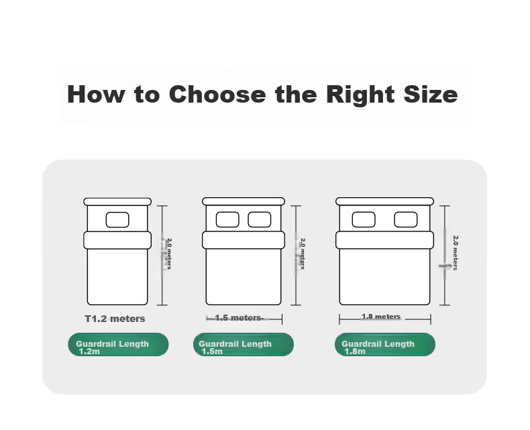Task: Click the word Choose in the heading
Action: point(217,94)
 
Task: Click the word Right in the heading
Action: point(360,95)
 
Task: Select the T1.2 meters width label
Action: point(115,319)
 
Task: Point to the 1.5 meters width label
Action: point(238,318)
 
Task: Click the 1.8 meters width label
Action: point(381,317)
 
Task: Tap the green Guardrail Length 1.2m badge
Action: point(118,345)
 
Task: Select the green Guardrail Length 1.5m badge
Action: point(244,345)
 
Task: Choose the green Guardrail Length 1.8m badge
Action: point(385,345)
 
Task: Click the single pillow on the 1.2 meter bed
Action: point(117,220)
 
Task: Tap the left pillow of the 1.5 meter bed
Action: point(227,220)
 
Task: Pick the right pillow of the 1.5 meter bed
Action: point(260,220)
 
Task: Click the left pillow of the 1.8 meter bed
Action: point(364,220)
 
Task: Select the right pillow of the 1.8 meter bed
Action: point(406,220)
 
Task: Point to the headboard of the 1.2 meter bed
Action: point(117,202)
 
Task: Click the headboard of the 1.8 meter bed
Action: point(384,201)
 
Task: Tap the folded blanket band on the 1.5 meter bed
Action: point(244,240)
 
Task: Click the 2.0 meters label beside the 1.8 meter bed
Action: point(456,253)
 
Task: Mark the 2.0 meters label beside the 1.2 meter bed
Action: point(169,254)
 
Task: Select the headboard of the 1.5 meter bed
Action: point(244,201)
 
